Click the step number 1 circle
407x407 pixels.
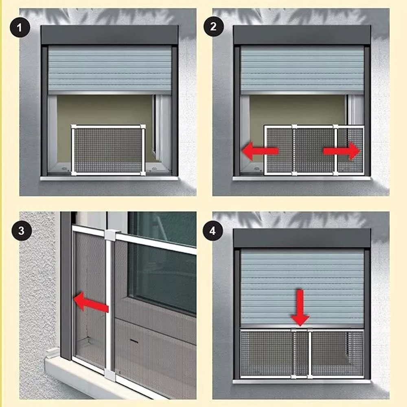(x=20, y=27)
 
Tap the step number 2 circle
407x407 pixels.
(x=213, y=26)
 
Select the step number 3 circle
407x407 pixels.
(x=22, y=230)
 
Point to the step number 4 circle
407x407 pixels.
(x=213, y=231)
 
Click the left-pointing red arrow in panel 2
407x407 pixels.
(x=260, y=151)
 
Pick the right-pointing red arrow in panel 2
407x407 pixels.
(x=341, y=151)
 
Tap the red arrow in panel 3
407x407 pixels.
(x=91, y=302)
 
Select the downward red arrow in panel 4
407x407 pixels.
(x=300, y=308)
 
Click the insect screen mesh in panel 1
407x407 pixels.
(x=108, y=150)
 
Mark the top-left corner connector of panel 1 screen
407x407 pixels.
(x=73, y=127)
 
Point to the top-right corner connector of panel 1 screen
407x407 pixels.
(x=143, y=127)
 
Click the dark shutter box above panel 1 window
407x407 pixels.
(x=109, y=35)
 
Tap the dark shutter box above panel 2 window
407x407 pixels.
(x=302, y=35)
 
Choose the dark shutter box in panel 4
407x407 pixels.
(x=302, y=238)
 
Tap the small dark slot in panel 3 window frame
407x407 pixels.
(x=134, y=341)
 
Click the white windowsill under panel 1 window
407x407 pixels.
(x=109, y=178)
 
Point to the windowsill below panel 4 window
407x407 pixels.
(x=302, y=381)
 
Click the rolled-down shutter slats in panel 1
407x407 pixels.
(x=109, y=68)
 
